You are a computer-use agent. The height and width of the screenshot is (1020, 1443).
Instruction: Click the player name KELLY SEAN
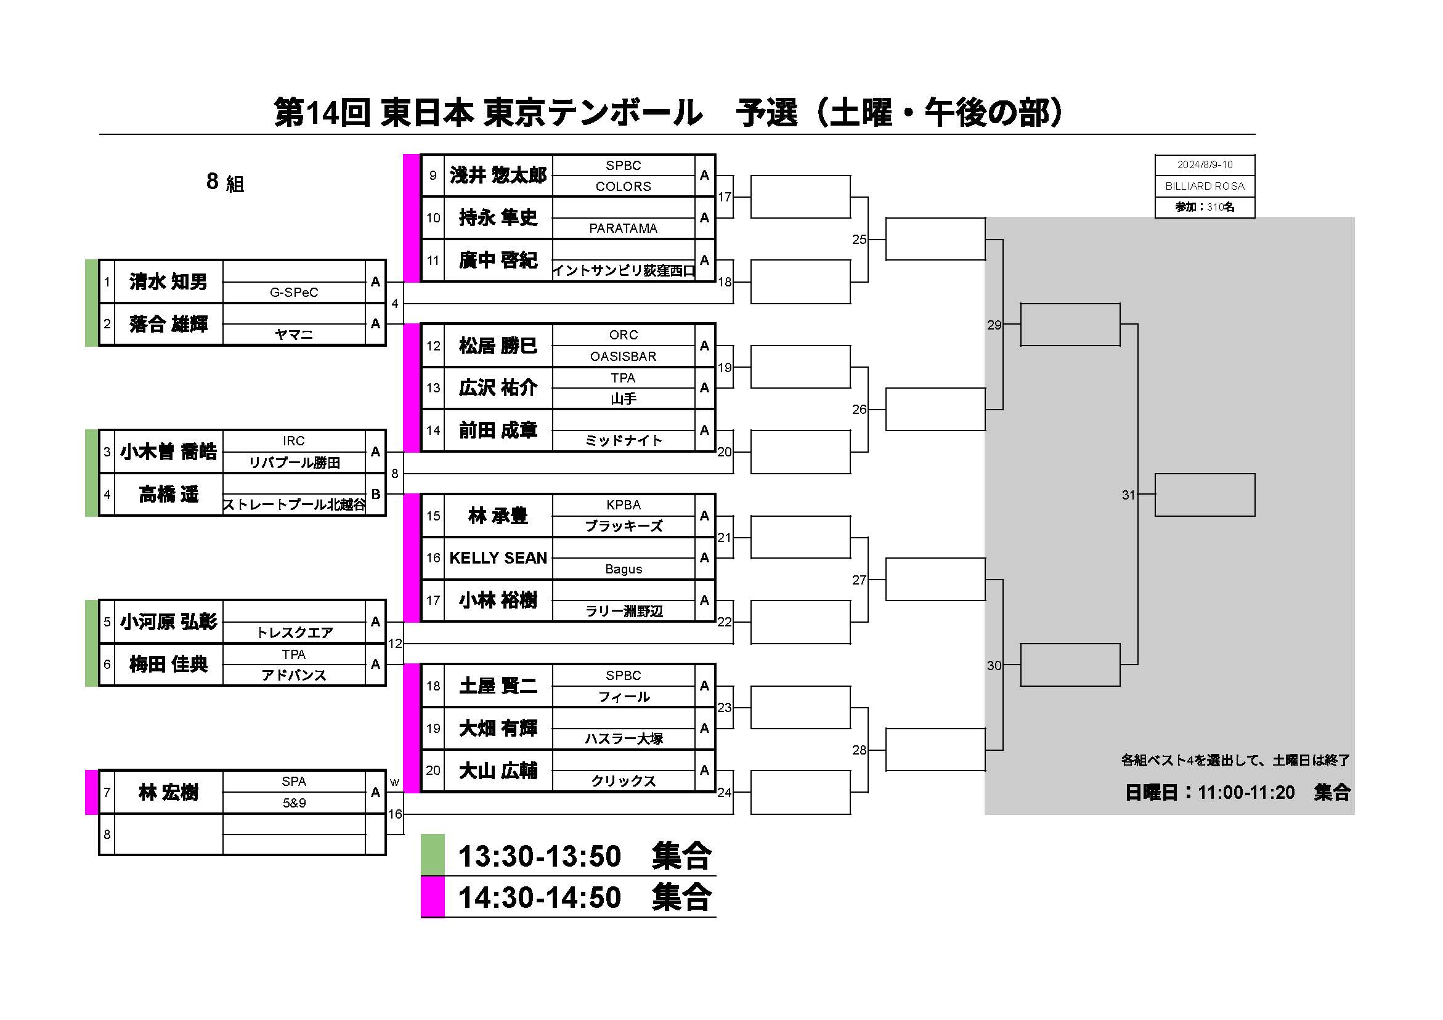pos(498,558)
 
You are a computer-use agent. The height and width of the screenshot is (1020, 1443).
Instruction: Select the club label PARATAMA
pos(623,228)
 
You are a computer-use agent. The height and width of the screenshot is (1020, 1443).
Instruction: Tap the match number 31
pos(1128,495)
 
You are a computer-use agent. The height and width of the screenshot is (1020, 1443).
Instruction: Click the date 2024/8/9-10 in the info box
pos(1205,164)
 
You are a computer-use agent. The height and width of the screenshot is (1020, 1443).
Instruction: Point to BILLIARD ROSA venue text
pos(1205,186)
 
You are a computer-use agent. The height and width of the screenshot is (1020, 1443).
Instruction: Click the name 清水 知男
pos(168,281)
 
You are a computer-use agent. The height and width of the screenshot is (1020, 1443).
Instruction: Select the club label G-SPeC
pos(294,292)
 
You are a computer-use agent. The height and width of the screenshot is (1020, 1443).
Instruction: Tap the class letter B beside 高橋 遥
pos(376,495)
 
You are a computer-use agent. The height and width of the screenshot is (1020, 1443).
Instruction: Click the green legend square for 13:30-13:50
pos(433,855)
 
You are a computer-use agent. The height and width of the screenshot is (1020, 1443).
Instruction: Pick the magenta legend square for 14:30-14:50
pos(433,897)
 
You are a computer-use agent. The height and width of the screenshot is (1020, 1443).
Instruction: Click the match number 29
pos(994,325)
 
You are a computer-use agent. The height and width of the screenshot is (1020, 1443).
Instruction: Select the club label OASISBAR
pos(623,357)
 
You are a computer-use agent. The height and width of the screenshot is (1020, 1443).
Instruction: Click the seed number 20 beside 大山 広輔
pos(433,771)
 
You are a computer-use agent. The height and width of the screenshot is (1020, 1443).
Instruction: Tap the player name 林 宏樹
pos(168,793)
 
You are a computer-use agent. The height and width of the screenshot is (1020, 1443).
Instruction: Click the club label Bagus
pos(624,569)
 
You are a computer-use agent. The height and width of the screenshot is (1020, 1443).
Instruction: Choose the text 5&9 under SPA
pos(294,803)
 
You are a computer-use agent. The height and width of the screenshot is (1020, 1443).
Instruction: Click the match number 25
pos(859,240)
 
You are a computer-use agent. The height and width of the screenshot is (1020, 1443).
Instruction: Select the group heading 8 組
pos(225,182)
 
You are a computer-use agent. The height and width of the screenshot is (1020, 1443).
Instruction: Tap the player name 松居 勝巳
pos(498,346)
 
